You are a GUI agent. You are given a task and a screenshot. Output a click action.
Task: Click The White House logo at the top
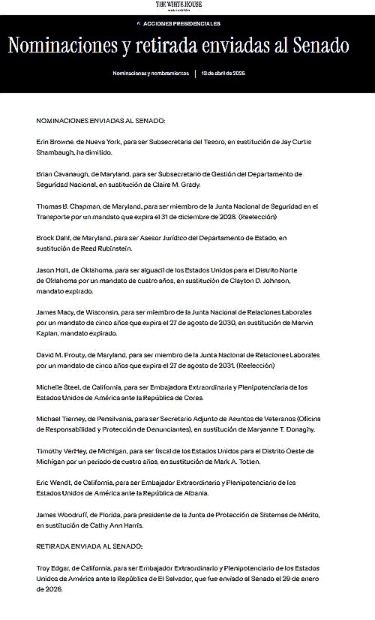click(x=178, y=6)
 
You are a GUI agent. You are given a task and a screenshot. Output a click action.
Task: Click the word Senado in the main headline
click(x=322, y=45)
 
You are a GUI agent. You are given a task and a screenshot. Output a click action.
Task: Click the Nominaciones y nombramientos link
click(x=151, y=74)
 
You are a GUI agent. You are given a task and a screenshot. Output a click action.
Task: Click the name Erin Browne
click(x=54, y=141)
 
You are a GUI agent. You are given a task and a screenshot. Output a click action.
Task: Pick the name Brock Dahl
click(x=53, y=238)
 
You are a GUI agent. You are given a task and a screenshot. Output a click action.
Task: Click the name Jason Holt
click(x=52, y=269)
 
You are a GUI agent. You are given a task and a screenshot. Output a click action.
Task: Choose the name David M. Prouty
click(x=62, y=354)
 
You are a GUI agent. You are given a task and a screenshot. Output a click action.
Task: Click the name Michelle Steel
click(x=58, y=387)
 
